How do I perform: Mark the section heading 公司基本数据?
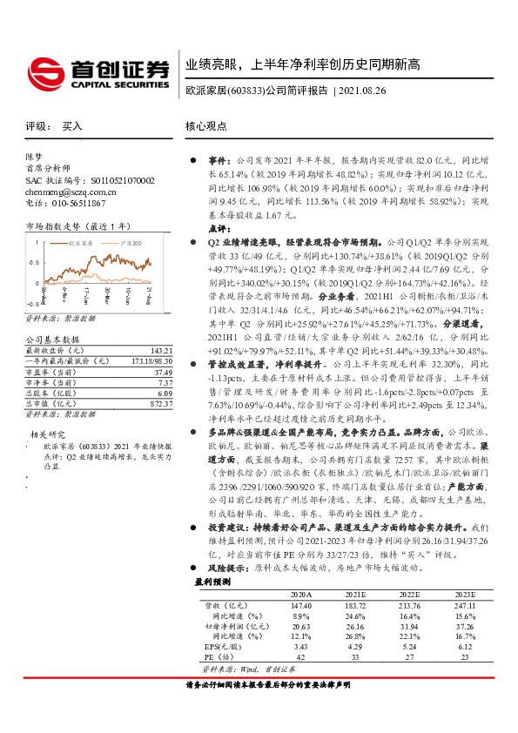[52, 339]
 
